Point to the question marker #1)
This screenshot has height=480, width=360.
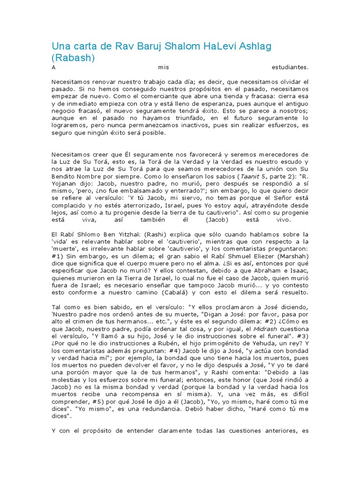pyautogui.click(x=58, y=256)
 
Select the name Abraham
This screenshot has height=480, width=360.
pyautogui.click(x=262, y=270)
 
